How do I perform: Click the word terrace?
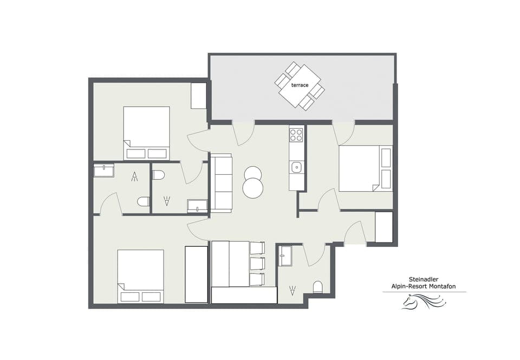pos(299,86)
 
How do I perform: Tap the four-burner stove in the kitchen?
pos(296,135)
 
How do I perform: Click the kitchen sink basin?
pos(296,167)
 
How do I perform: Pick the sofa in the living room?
pos(220,183)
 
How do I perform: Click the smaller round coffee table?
pos(252,173)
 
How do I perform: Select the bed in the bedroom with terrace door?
pos(360,168)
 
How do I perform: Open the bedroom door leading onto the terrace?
pos(343,132)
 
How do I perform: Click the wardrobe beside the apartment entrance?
pos(383,227)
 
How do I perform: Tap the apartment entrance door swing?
pos(355,234)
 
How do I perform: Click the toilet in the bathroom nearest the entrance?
pos(318,287)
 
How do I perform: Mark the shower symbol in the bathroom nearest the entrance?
pos(293,291)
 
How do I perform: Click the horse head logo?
pos(425,302)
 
